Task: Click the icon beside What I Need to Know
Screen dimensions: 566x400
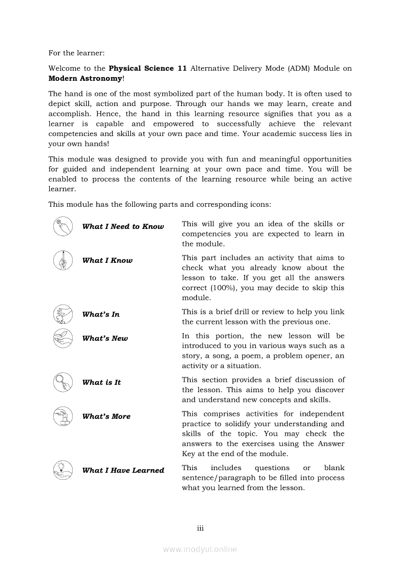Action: (62, 227)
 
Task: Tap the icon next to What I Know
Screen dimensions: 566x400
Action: (62, 260)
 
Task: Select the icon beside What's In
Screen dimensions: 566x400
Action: (62, 314)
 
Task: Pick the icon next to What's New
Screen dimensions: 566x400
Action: (62, 338)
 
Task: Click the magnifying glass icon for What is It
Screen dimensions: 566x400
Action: (62, 382)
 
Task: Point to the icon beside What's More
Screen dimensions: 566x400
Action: (62, 416)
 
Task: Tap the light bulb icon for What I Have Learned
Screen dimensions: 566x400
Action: (62, 470)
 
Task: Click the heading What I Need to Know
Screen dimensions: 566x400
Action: (123, 227)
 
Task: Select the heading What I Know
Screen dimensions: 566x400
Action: (107, 260)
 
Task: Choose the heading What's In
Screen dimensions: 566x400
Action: (101, 314)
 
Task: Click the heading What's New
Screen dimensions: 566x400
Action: (105, 338)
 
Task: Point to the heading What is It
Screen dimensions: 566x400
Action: (101, 382)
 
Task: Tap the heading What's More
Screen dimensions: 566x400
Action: (106, 416)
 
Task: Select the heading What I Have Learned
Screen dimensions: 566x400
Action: (123, 470)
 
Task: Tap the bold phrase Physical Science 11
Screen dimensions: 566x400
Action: (148, 68)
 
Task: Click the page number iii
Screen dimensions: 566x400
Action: (200, 528)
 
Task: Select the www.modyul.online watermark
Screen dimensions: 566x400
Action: (200, 550)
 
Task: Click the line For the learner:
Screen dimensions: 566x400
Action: (77, 52)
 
